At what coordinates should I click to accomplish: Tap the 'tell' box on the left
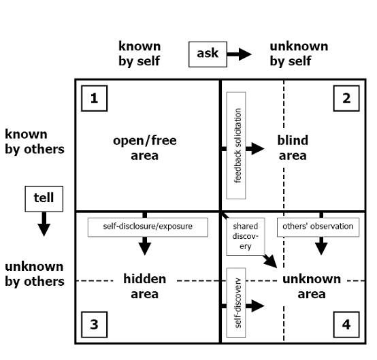(x=44, y=198)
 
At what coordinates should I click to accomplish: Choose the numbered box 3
(x=94, y=325)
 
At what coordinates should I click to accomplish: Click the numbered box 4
(x=346, y=325)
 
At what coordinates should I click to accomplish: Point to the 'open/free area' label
(x=145, y=148)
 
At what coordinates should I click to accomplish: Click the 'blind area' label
(x=293, y=148)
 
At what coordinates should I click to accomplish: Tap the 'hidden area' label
(x=144, y=286)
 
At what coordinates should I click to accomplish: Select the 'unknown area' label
(x=311, y=287)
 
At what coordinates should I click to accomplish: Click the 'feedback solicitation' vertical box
(x=235, y=145)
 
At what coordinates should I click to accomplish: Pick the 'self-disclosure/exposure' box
(x=148, y=227)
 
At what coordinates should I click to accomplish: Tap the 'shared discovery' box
(x=245, y=235)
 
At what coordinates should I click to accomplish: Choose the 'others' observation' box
(x=318, y=227)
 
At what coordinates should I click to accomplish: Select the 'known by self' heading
(x=140, y=54)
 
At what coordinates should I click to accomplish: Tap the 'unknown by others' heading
(x=34, y=274)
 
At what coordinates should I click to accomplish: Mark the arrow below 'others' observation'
(x=321, y=245)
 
